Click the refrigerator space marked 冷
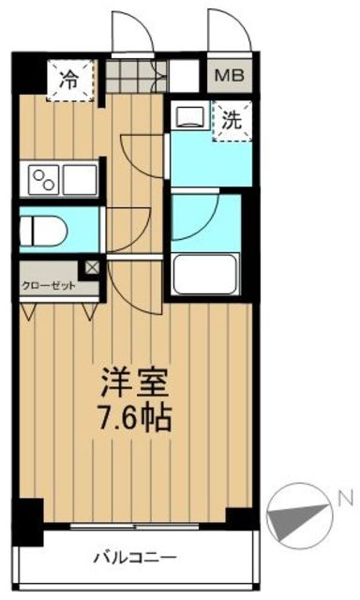coord(70,81)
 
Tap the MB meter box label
coord(230,75)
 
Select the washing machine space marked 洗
coord(232,121)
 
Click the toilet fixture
coord(43,231)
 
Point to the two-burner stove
coord(44,180)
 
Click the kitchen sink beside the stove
coord(80,180)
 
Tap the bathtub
coord(205,275)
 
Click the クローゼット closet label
coord(49,286)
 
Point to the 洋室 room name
coord(134,382)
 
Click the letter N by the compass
coord(345,498)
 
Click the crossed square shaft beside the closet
coord(92,267)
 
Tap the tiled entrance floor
coord(136,76)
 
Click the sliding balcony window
coord(135,527)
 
